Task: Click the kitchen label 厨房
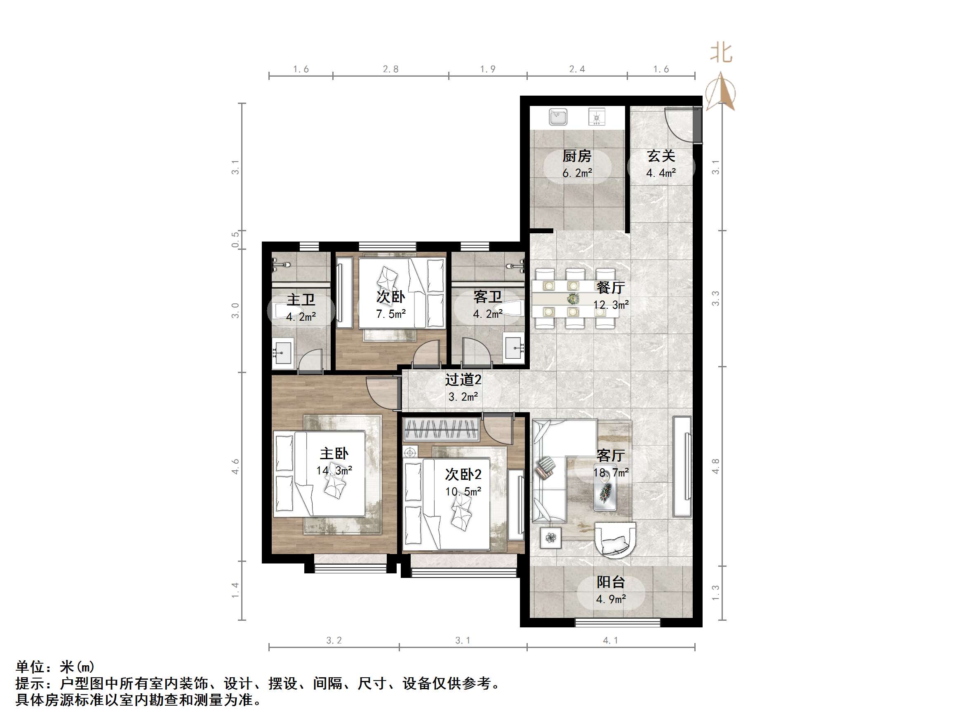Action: (576, 155)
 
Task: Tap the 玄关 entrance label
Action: (661, 155)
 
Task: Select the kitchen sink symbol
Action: (558, 117)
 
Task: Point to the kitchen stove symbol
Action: (597, 117)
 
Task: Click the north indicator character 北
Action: (721, 53)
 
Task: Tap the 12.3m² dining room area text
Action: (611, 305)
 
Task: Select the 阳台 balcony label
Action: (611, 582)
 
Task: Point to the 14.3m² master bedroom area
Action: (334, 471)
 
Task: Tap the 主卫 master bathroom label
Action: (301, 299)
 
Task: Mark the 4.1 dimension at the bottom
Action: (610, 640)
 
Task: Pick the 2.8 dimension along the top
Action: (390, 69)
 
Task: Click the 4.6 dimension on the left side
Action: (235, 466)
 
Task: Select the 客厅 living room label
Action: (611, 455)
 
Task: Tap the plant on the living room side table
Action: (551, 538)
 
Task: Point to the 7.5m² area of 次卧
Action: (391, 314)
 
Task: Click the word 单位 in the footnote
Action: (30, 667)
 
